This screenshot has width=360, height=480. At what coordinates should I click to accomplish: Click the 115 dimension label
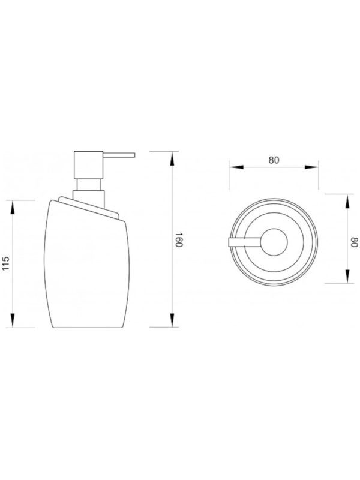[7, 264]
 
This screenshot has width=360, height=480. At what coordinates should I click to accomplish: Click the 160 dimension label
[179, 239]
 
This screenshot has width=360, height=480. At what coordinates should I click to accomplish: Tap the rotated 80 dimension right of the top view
[354, 242]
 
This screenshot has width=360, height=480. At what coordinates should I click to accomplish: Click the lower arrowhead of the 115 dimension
[12, 320]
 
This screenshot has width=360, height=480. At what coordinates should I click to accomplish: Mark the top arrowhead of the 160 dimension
[172, 159]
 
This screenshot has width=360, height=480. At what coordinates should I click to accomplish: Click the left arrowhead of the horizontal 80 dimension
[236, 167]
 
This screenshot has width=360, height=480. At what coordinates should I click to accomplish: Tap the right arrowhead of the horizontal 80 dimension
[311, 167]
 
